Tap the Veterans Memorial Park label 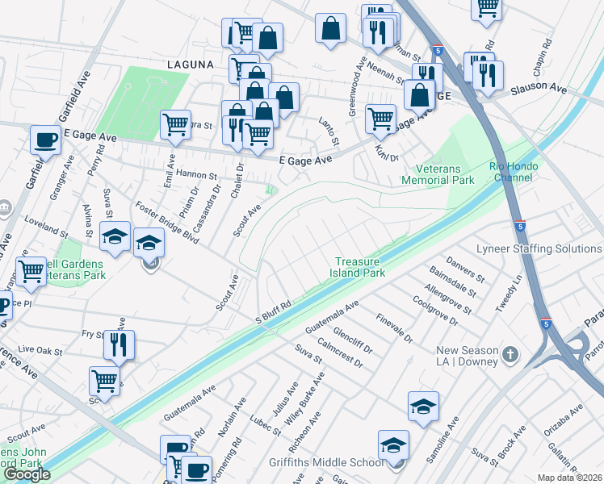438,175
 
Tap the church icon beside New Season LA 510,354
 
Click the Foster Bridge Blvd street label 167,223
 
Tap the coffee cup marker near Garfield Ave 45,140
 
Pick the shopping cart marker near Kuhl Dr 380,119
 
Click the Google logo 27,474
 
